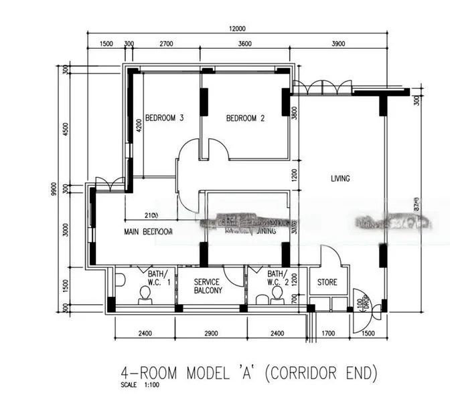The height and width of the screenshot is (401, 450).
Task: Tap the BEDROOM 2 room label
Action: click(245, 118)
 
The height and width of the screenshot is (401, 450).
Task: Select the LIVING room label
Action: click(340, 178)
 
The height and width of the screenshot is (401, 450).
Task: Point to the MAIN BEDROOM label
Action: click(148, 232)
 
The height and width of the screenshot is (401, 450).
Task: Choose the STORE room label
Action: click(327, 283)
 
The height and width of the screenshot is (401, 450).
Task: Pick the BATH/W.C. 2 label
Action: click(277, 277)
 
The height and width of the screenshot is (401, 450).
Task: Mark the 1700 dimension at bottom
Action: click(328, 333)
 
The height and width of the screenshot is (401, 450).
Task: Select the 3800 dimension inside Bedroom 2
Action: click(293, 114)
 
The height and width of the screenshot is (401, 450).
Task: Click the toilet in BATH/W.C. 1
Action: click(144, 299)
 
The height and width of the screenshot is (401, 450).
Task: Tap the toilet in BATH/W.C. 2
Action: click(275, 299)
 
